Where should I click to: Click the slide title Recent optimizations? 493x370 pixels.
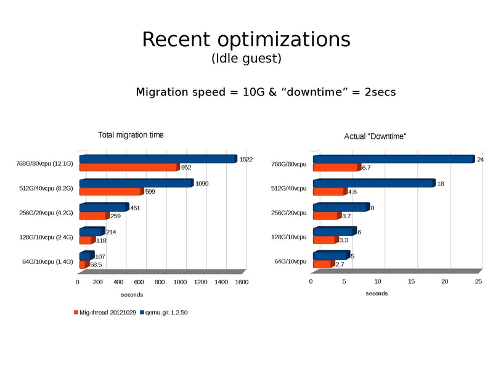(246, 39)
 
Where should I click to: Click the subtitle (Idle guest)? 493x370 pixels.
(246, 59)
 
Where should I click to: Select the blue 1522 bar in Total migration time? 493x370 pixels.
(157, 159)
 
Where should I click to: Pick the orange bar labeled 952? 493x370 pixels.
(128, 167)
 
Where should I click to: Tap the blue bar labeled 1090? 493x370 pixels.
(136, 183)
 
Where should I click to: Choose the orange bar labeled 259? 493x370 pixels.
(93, 216)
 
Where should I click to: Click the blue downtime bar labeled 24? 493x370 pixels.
(393, 159)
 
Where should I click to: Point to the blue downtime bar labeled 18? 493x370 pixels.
(373, 183)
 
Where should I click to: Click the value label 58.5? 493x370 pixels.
(96, 265)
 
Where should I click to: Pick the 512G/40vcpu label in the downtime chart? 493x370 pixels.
(289, 189)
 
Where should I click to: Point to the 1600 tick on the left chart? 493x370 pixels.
(242, 282)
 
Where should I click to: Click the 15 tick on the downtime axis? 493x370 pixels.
(412, 282)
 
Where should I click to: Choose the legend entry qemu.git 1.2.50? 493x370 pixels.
(165, 313)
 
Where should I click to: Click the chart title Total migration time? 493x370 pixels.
(131, 135)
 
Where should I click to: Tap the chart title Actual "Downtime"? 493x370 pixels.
(375, 136)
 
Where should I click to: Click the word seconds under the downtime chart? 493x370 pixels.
(377, 294)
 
